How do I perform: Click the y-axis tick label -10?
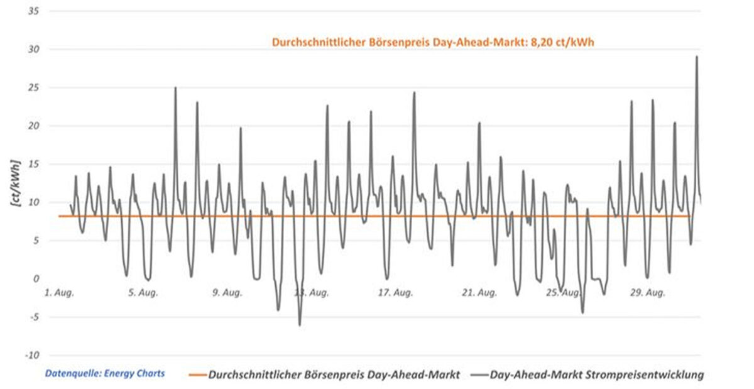click(x=30, y=356)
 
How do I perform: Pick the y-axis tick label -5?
click(x=32, y=317)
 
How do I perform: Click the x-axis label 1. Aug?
click(x=59, y=293)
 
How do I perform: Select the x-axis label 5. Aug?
click(x=142, y=293)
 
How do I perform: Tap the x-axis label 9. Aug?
click(x=227, y=293)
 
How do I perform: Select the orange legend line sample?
click(x=197, y=375)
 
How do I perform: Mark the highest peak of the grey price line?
click(x=696, y=57)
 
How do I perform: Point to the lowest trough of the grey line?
click(x=300, y=325)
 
